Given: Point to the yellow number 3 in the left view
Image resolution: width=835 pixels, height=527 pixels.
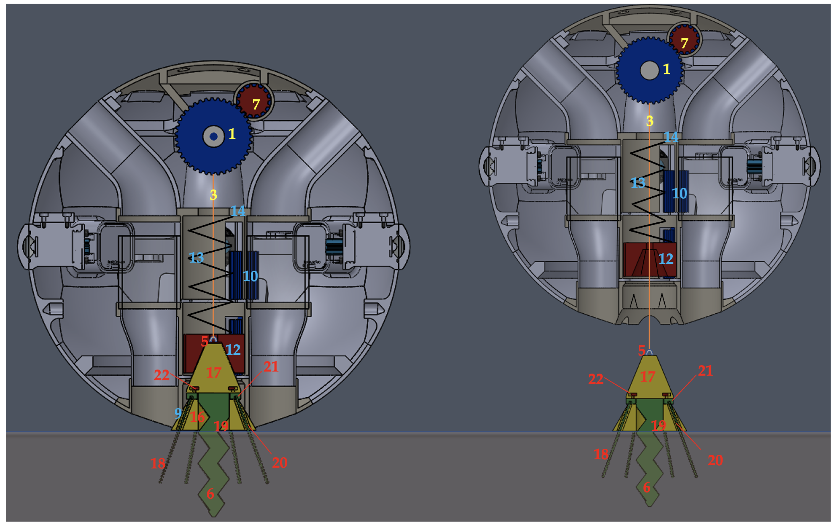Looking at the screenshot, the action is tap(213, 195).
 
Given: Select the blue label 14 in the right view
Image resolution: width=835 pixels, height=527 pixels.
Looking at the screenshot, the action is tap(671, 137).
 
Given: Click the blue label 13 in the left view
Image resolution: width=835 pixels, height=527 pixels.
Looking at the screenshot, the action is tap(196, 258).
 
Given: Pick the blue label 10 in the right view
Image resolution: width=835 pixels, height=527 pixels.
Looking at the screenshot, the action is tap(679, 193).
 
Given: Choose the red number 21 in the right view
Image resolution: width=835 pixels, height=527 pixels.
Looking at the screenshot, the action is tap(705, 371).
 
